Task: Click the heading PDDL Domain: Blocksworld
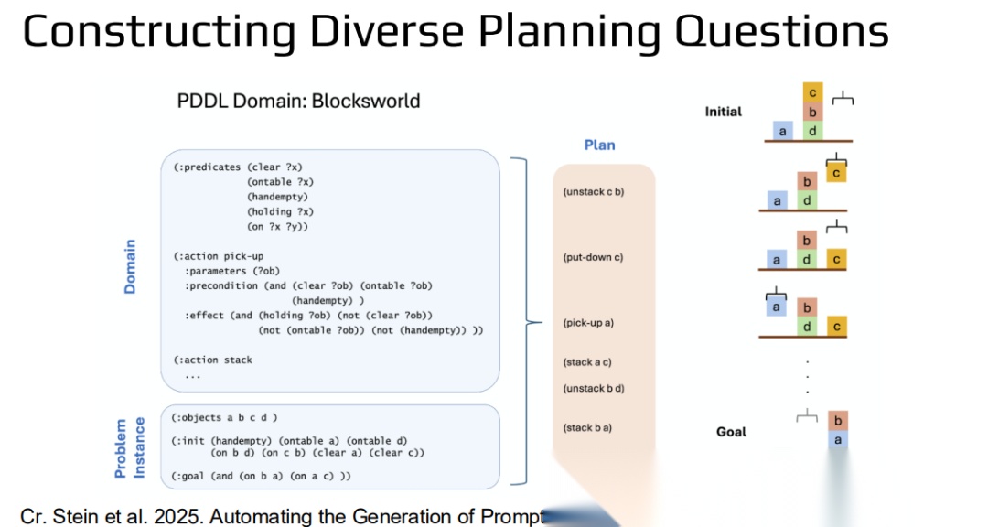click(298, 101)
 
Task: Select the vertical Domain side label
click(130, 266)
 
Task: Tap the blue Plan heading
click(600, 145)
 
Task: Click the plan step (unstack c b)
click(594, 192)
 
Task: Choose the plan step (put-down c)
click(593, 257)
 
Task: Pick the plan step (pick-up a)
click(588, 323)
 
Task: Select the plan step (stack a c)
click(588, 362)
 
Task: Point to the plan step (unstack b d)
click(594, 389)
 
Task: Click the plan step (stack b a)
click(588, 427)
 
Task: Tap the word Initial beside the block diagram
click(724, 112)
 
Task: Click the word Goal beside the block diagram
click(731, 432)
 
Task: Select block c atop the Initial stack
click(812, 92)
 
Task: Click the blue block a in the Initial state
click(782, 131)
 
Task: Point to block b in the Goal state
click(836, 421)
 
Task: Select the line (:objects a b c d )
click(224, 418)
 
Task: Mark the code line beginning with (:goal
click(262, 476)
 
